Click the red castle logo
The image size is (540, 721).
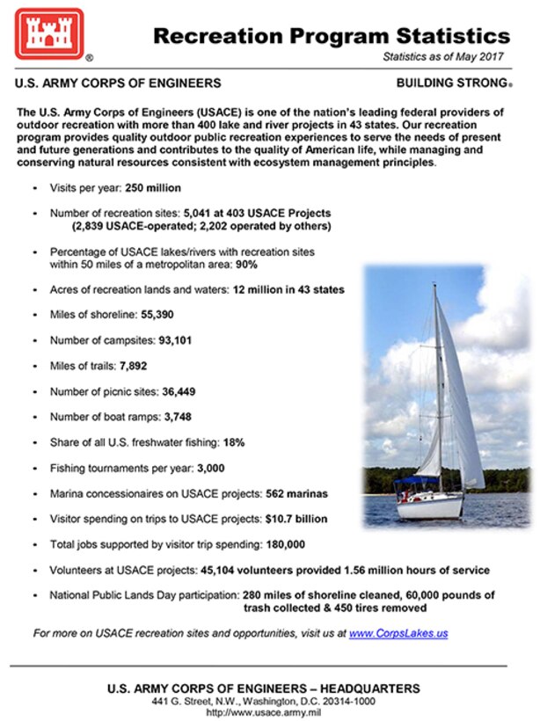pyautogui.click(x=47, y=33)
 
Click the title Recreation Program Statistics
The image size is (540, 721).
pyautogui.click(x=331, y=36)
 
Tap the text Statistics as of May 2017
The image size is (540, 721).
pyautogui.click(x=445, y=56)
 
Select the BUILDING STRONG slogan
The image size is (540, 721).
pyautogui.click(x=451, y=84)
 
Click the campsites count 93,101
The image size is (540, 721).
pyautogui.click(x=174, y=340)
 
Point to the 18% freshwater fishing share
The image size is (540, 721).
pyautogui.click(x=233, y=443)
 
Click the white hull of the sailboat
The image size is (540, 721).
pyautogui.click(x=431, y=507)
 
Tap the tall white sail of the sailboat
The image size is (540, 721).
pyautogui.click(x=457, y=396)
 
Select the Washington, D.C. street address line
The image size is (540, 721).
pyautogui.click(x=263, y=700)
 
